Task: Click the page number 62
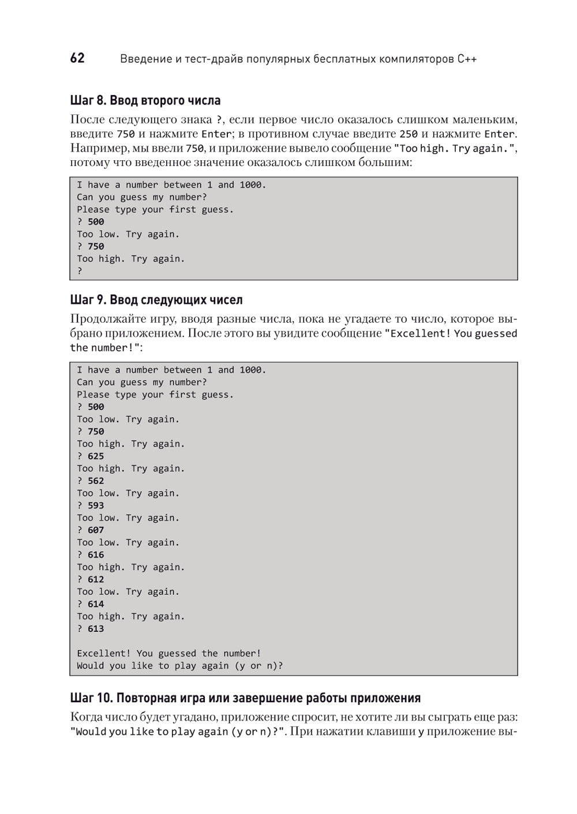(77, 58)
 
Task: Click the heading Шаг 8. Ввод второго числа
(145, 100)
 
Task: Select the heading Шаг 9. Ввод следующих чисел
(156, 300)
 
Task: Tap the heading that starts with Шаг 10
(245, 698)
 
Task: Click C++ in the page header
(467, 59)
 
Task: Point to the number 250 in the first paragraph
(409, 134)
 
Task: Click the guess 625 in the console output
(96, 456)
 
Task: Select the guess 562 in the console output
(96, 481)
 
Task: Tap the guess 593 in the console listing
(96, 506)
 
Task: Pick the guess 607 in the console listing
(96, 530)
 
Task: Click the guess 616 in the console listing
(96, 555)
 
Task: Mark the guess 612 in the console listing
(96, 579)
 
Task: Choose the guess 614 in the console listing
(96, 604)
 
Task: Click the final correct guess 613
(96, 629)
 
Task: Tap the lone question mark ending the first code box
(80, 271)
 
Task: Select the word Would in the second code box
(90, 666)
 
